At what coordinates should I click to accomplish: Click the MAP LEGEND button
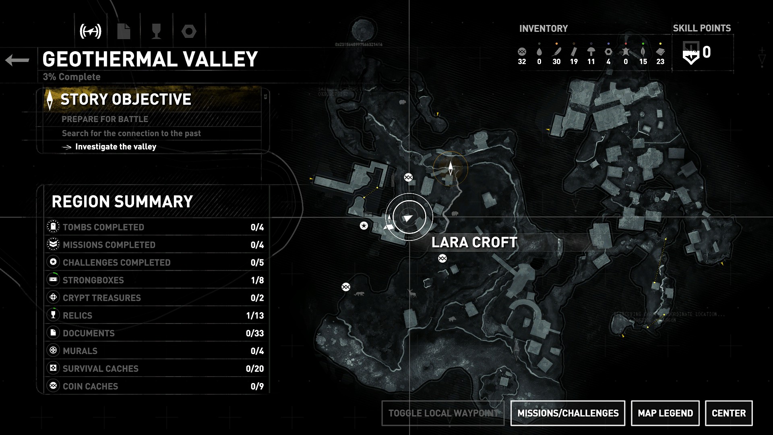[x=665, y=413]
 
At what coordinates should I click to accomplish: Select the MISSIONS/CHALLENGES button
[x=568, y=413]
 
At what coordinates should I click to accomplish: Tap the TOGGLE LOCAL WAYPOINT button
[x=443, y=413]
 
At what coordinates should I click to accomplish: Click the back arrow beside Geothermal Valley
[x=17, y=60]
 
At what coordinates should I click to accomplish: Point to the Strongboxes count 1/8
[x=257, y=280]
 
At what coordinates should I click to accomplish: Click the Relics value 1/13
[x=255, y=316]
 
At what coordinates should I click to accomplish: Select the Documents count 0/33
[x=254, y=333]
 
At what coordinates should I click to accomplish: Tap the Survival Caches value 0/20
[x=254, y=369]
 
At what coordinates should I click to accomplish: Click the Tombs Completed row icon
[x=53, y=227]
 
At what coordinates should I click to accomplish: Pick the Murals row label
[x=80, y=351]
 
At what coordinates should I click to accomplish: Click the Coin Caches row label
[x=90, y=387]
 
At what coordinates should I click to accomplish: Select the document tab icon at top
[x=124, y=31]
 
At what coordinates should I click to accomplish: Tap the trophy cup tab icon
[x=156, y=31]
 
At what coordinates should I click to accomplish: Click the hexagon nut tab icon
[x=189, y=31]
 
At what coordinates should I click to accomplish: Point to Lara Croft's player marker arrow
[x=408, y=218]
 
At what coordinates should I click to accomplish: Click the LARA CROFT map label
[x=474, y=242]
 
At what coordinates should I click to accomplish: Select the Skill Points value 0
[x=707, y=52]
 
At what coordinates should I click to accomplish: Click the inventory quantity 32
[x=522, y=62]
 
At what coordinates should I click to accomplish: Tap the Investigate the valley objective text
[x=116, y=147]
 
